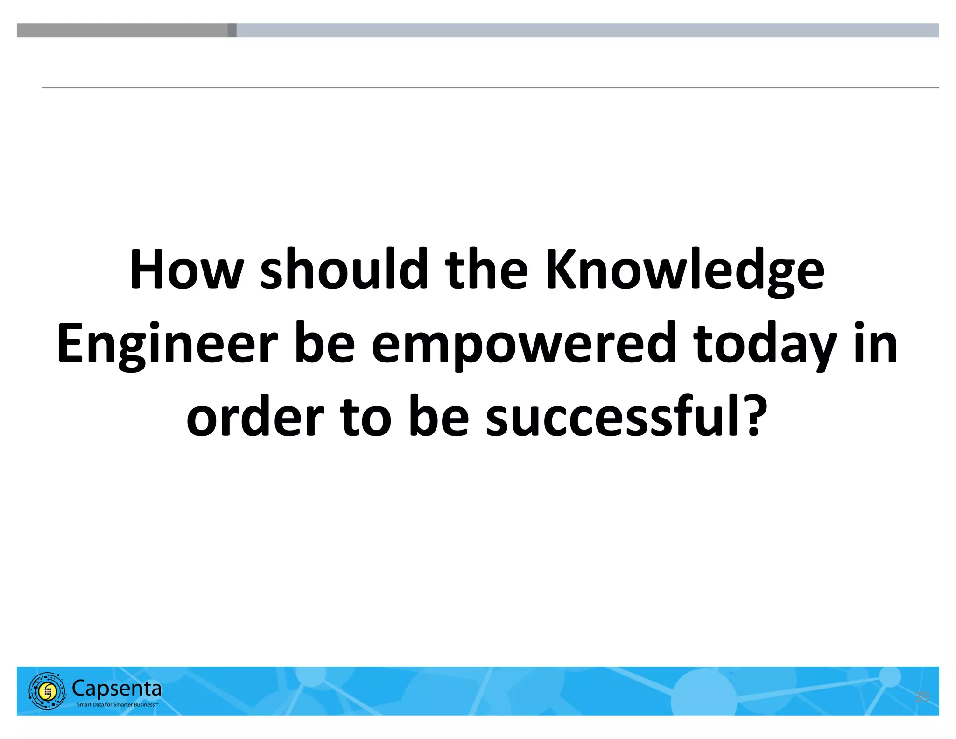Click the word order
coord(255,417)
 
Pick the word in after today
coord(876,343)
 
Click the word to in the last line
coord(365,417)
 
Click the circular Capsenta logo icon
coord(47,690)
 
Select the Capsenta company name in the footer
coord(117,688)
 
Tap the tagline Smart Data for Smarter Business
coord(117,704)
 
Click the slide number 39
coord(921,696)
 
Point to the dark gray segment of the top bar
coord(122,30)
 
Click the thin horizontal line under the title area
coord(490,87)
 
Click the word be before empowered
coord(324,344)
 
